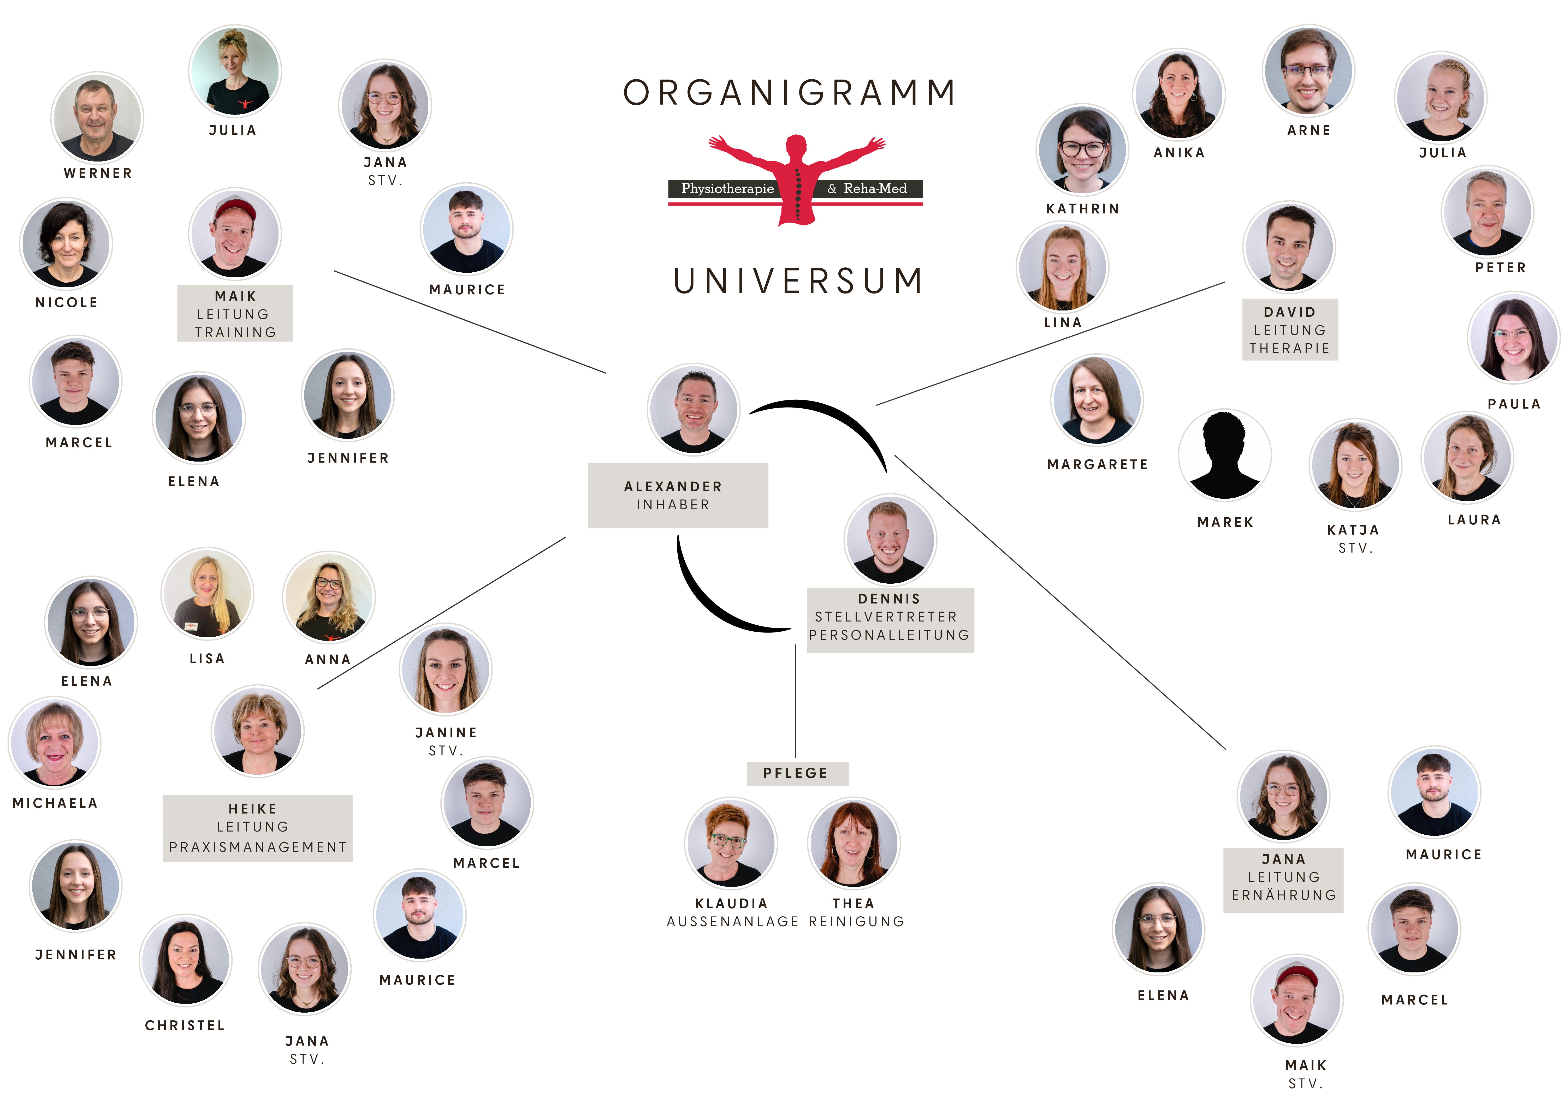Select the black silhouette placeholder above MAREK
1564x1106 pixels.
coord(1224,455)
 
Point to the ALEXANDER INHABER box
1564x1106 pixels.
coord(678,495)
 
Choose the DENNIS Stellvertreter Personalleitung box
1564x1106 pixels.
coord(890,620)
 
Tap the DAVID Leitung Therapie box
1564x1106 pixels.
coord(1289,330)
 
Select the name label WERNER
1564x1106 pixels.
coord(98,173)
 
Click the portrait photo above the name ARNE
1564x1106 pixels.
coord(1308,71)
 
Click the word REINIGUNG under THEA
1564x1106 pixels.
coord(856,922)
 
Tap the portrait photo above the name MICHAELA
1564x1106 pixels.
coord(55,742)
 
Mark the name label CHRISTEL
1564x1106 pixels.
coord(185,1025)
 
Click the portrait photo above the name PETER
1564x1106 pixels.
coord(1487,212)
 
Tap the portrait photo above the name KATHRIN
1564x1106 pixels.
coord(1082,150)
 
